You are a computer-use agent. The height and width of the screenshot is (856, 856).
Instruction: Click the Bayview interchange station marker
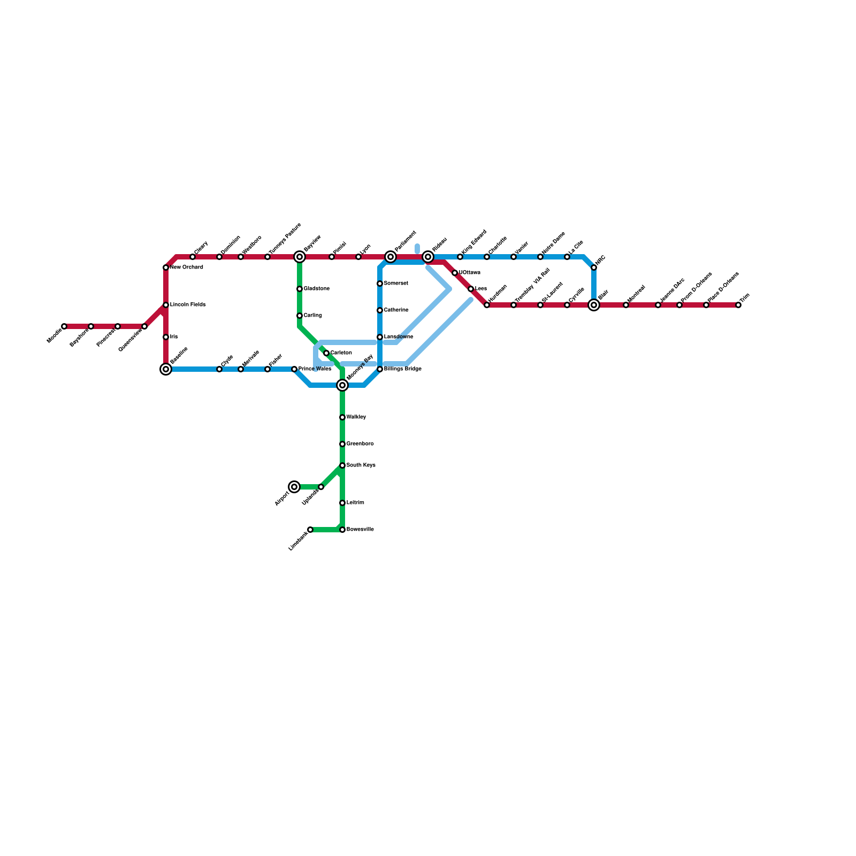click(x=300, y=257)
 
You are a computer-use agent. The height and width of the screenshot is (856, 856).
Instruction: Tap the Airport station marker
click(x=294, y=487)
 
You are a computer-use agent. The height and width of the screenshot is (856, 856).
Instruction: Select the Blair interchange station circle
click(x=594, y=305)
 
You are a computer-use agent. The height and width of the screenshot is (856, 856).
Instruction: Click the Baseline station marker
click(x=166, y=369)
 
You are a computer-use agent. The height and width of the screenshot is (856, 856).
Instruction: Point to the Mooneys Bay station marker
click(x=342, y=385)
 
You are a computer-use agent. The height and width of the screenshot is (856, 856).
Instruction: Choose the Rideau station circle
click(x=428, y=257)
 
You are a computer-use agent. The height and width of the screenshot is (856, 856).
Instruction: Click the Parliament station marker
click(x=391, y=257)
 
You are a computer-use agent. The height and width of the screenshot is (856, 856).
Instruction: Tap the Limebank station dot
click(x=310, y=530)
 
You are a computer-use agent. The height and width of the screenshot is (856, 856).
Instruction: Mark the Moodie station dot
click(x=64, y=326)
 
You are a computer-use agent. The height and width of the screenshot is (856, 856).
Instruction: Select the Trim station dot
click(x=738, y=305)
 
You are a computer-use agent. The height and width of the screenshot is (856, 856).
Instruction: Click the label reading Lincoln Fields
click(x=188, y=305)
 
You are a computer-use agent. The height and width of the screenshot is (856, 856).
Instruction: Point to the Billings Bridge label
click(x=403, y=369)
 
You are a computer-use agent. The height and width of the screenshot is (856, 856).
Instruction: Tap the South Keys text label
click(x=361, y=465)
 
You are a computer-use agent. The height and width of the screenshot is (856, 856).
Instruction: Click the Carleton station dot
click(x=326, y=353)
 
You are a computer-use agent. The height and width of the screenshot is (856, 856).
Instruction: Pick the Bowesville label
click(x=360, y=530)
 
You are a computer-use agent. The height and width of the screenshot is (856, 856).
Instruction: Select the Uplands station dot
click(x=321, y=487)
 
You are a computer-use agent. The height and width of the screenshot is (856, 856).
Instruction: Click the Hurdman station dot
click(x=487, y=305)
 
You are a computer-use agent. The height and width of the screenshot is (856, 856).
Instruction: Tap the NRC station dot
click(x=594, y=267)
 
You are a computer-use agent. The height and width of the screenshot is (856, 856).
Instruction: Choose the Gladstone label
click(x=317, y=289)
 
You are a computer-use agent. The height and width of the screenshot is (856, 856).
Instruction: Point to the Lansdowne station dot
click(x=380, y=337)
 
